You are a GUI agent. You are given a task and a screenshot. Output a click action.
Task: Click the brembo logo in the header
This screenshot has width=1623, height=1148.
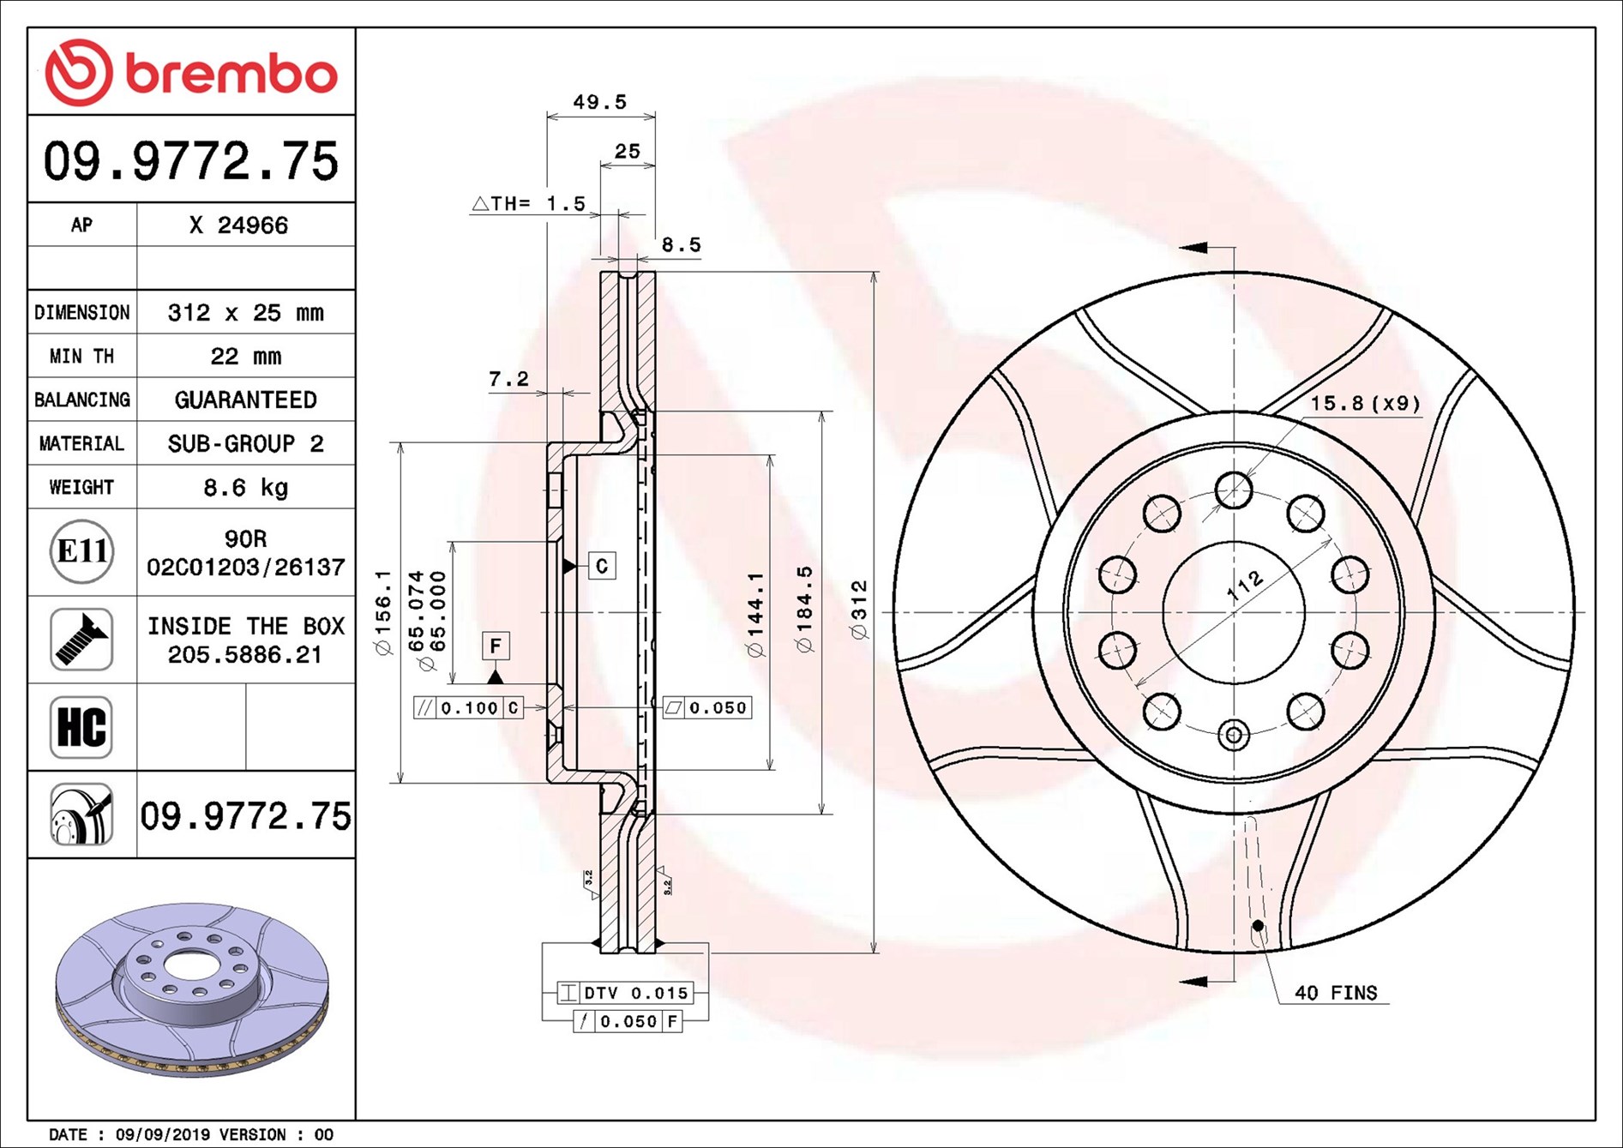pos(190,72)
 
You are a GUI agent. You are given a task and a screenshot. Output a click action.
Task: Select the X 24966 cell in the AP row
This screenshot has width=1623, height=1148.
pos(238,225)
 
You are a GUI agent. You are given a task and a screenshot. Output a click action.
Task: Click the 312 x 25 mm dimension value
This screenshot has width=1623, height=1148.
pos(245,313)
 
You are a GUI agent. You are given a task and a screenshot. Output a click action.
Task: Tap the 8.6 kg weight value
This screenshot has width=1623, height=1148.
pos(245,488)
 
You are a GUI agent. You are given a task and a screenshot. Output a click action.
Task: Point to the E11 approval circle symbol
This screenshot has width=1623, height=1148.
pos(81,551)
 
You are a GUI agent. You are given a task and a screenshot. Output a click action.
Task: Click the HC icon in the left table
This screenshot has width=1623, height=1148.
pos(81,727)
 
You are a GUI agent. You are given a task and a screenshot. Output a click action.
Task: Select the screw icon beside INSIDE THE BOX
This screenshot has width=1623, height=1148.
pos(81,640)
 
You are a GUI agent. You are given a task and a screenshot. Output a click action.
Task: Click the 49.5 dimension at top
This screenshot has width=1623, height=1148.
pos(599,102)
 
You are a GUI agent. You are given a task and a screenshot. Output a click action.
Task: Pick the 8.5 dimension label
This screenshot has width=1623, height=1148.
pos(681,245)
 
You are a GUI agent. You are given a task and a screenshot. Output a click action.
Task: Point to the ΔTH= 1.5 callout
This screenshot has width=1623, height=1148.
pos(529,204)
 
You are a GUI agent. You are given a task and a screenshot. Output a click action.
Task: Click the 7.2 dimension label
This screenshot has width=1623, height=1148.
pos(508,379)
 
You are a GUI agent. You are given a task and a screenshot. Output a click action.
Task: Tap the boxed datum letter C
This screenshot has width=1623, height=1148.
pos(602,566)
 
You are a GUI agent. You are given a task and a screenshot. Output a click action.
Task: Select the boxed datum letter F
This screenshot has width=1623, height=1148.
pos(496,646)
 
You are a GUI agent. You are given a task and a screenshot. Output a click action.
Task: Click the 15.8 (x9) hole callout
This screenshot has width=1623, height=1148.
pos(1364,403)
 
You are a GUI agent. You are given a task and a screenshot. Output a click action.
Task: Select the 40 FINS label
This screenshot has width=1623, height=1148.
pos(1335,993)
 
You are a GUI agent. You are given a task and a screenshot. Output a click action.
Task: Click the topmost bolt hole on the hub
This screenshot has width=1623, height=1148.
pos(1234,490)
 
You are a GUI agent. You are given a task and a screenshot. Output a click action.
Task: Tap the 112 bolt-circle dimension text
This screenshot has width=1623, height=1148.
pos(1245,586)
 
